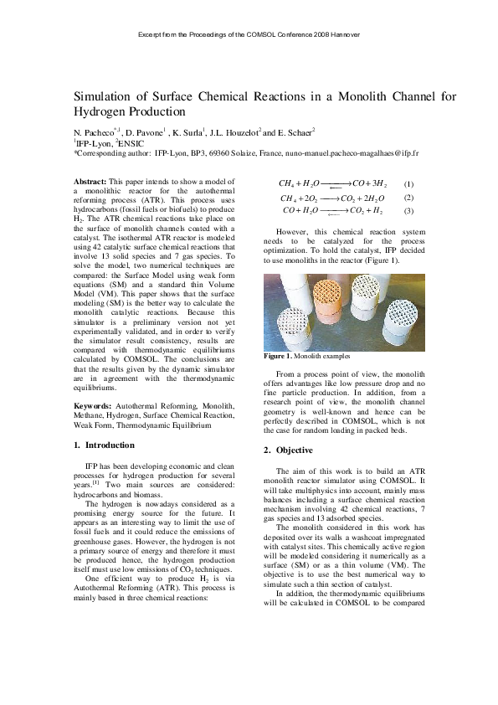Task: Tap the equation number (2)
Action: [408, 198]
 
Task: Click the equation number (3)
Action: [408, 211]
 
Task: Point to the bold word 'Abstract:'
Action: [90, 182]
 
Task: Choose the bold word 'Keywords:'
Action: [92, 407]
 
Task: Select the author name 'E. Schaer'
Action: [296, 132]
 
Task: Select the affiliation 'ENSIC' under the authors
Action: [132, 143]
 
